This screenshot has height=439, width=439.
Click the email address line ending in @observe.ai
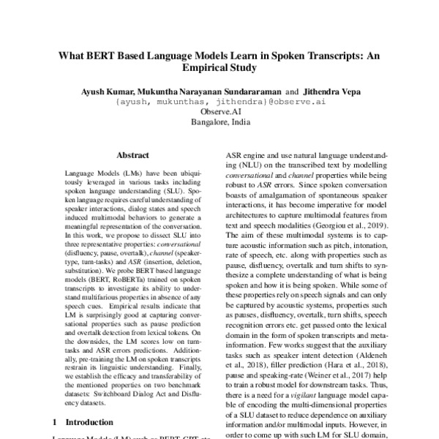click(219, 102)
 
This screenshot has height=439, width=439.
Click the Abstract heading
click(132, 155)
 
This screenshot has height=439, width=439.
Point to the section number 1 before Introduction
click(57, 422)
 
